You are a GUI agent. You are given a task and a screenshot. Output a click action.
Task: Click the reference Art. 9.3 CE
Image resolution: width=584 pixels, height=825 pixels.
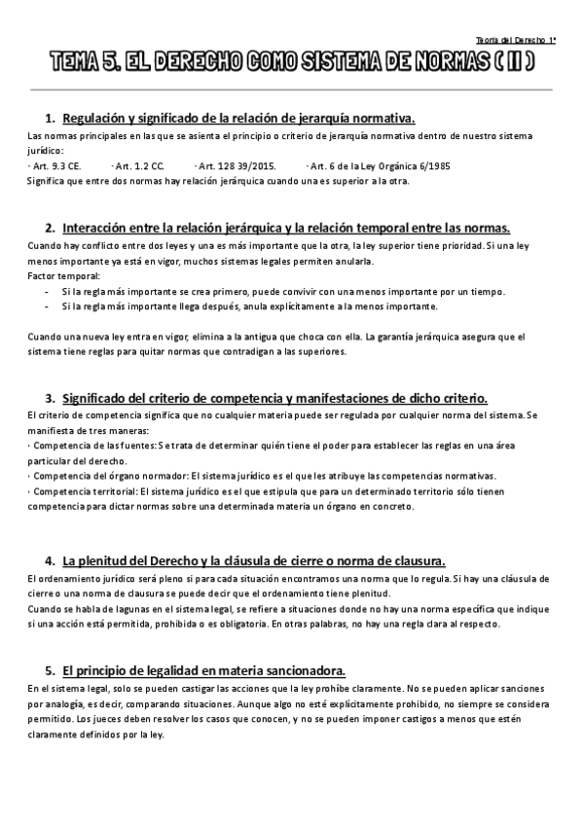[x=55, y=166]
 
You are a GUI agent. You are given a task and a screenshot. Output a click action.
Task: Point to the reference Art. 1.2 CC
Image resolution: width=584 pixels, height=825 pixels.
[x=138, y=166]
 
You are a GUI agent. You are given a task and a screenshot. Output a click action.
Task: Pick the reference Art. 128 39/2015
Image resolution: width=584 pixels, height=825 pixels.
[x=235, y=166]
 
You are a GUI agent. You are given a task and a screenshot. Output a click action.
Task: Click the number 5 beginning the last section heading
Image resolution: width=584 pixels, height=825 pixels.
[x=49, y=671]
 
